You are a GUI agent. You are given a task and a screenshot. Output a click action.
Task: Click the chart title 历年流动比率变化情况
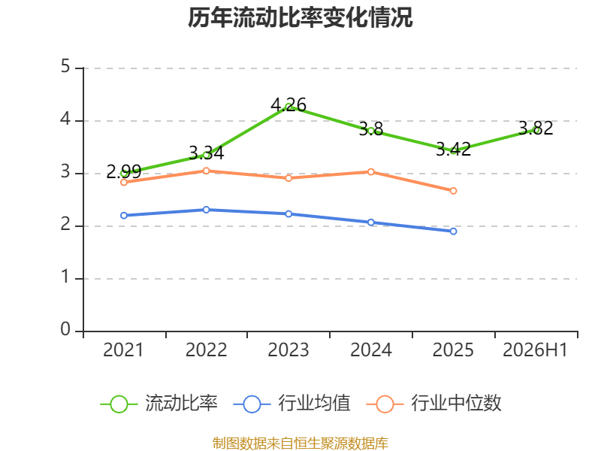point(300,17)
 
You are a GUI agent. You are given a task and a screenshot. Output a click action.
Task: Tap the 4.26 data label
point(288,104)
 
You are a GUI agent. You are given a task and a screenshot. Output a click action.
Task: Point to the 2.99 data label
point(124,171)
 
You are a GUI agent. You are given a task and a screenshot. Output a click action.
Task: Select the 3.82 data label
point(536,128)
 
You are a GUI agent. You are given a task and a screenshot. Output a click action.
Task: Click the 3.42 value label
point(453,149)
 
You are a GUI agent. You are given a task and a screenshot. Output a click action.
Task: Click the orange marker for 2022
point(206,171)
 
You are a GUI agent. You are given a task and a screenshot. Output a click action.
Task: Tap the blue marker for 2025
point(453,232)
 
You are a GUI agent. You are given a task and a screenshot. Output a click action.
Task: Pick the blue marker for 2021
point(124,216)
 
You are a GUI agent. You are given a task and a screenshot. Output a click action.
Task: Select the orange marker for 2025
point(453,191)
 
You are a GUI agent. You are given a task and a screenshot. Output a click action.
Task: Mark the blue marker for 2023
point(288,213)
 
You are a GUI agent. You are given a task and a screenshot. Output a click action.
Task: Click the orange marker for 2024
point(371,172)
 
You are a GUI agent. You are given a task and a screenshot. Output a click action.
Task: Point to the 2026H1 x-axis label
point(535,350)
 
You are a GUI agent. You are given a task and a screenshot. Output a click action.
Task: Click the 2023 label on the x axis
point(288,350)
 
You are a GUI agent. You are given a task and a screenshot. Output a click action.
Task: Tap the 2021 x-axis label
point(123,350)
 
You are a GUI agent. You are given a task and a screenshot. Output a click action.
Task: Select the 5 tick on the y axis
point(65,66)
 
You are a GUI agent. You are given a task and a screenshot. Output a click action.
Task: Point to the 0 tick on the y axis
point(65,329)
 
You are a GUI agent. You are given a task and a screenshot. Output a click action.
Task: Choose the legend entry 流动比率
point(159,404)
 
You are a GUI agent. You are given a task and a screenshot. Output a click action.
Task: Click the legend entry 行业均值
point(291,404)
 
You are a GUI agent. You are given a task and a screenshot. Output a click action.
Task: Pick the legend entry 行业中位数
point(434,404)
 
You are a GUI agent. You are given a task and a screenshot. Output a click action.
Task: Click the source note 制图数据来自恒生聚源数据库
point(300,443)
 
